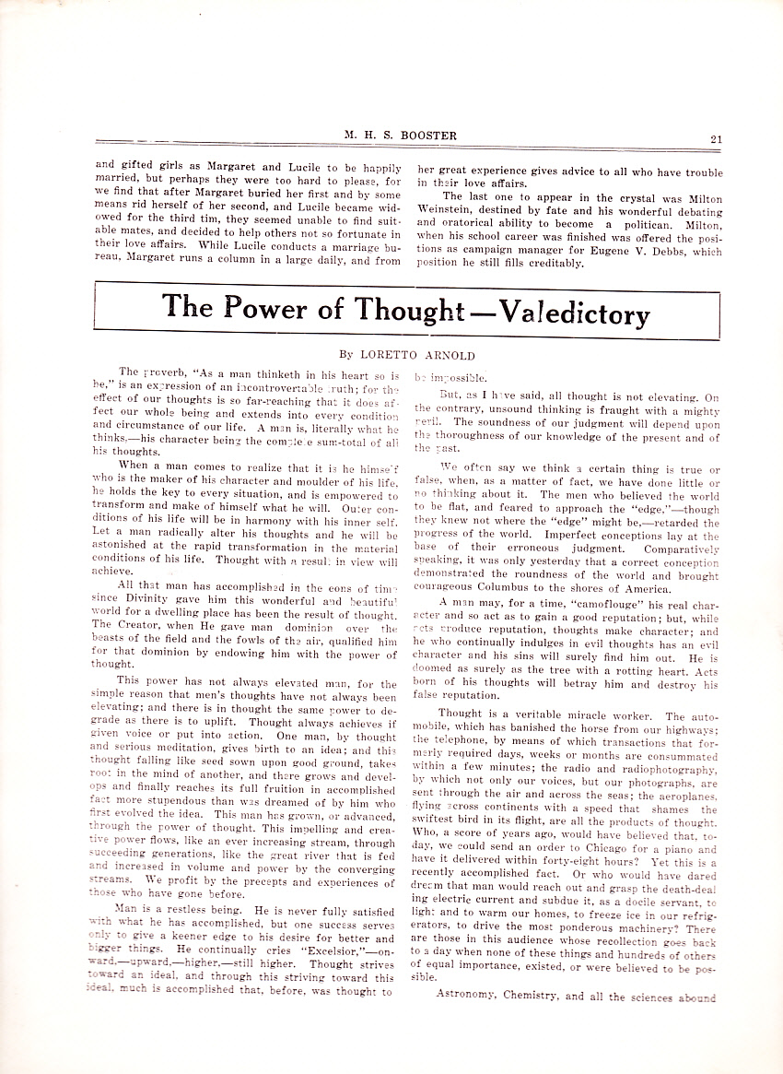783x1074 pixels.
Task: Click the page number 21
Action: pyautogui.click(x=716, y=138)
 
